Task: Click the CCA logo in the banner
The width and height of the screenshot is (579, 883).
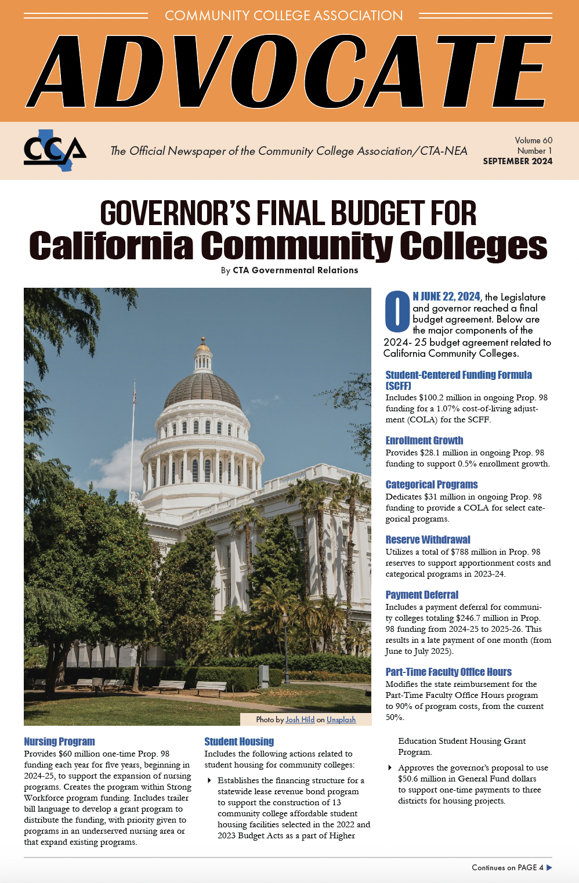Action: coord(55,151)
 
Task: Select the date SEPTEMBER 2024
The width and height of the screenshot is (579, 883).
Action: coord(518,161)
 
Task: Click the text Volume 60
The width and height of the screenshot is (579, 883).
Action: coord(533,140)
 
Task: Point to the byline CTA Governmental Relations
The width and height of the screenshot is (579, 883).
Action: coord(295,270)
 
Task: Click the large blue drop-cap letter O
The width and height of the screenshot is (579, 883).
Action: coord(397,312)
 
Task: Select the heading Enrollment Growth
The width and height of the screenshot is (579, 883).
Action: coord(424,440)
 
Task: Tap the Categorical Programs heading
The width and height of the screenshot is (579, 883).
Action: coord(432,484)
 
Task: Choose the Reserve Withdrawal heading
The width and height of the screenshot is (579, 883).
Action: coord(428,540)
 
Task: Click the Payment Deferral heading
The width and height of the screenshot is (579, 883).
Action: coord(422,595)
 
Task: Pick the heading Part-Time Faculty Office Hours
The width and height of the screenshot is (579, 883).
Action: coord(448,672)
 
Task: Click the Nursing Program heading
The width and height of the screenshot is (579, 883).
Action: coord(59,741)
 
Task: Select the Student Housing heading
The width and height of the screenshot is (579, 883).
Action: coord(239,741)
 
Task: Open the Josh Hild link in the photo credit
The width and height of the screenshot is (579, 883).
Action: coord(300,719)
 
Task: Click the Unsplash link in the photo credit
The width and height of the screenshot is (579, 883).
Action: coord(341,719)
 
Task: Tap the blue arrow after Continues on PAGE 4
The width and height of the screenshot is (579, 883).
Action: coord(549,867)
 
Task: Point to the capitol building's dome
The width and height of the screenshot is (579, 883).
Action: coord(202,386)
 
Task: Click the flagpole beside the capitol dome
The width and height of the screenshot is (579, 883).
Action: coord(133,441)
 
